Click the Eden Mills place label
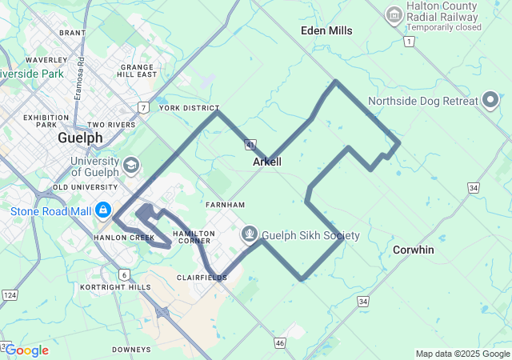click(x=326, y=30)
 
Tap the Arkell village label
click(x=266, y=162)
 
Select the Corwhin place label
click(x=414, y=250)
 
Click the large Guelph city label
click(x=80, y=138)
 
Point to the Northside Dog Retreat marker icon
click(x=491, y=101)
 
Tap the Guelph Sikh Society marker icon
click(x=250, y=235)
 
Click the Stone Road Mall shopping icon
click(x=103, y=210)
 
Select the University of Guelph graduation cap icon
click(x=130, y=166)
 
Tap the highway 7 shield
click(x=142, y=106)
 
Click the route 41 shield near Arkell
click(x=250, y=145)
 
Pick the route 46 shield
click(x=279, y=342)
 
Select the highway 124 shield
click(x=10, y=295)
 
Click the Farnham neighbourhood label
click(x=225, y=205)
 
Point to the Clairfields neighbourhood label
click(x=202, y=278)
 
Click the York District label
click(x=189, y=108)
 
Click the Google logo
click(x=27, y=350)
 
